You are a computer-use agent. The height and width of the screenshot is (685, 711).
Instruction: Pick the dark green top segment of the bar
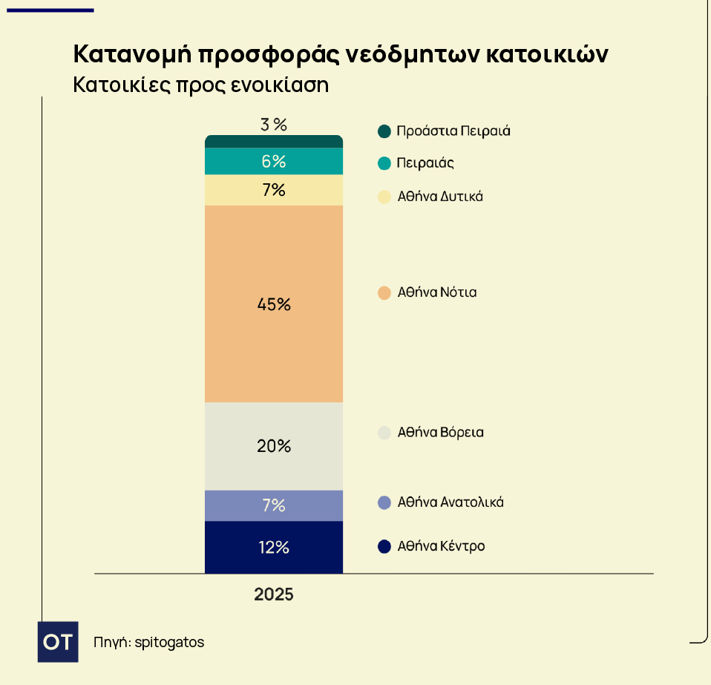click(x=273, y=141)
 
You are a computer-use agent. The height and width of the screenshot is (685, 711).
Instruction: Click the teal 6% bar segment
click(x=273, y=161)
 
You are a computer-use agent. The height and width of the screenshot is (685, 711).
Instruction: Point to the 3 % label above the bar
click(x=273, y=124)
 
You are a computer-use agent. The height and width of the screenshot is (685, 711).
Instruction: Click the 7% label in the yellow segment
click(x=273, y=190)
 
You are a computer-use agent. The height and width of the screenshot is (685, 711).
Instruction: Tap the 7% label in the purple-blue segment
click(x=273, y=505)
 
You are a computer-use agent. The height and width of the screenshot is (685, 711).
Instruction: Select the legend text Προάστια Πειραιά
click(x=453, y=131)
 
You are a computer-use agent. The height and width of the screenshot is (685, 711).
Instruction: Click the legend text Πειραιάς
click(x=425, y=163)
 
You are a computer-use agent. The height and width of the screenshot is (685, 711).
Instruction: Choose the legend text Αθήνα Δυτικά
click(x=440, y=197)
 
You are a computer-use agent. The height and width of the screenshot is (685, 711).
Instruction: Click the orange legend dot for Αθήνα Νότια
click(x=384, y=292)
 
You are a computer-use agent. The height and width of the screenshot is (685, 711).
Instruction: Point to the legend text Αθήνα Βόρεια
click(x=440, y=432)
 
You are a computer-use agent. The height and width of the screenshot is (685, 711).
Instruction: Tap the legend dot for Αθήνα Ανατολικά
click(x=384, y=502)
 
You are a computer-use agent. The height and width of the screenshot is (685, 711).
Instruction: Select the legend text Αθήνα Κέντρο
click(x=441, y=546)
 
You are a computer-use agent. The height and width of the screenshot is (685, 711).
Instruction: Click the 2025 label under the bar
click(x=273, y=595)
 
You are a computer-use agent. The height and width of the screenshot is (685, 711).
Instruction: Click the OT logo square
click(x=58, y=642)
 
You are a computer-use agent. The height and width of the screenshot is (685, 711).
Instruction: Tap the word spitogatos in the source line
click(x=170, y=642)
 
